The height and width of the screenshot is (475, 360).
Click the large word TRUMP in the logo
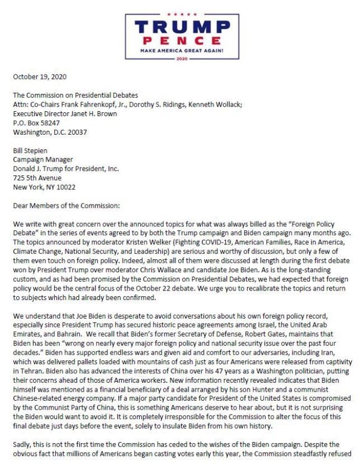click(x=179, y=27)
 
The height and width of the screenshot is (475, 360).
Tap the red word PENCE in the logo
click(x=179, y=40)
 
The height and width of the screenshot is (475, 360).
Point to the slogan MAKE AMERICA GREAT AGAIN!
click(x=179, y=50)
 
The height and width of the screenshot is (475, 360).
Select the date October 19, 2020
click(x=37, y=77)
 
